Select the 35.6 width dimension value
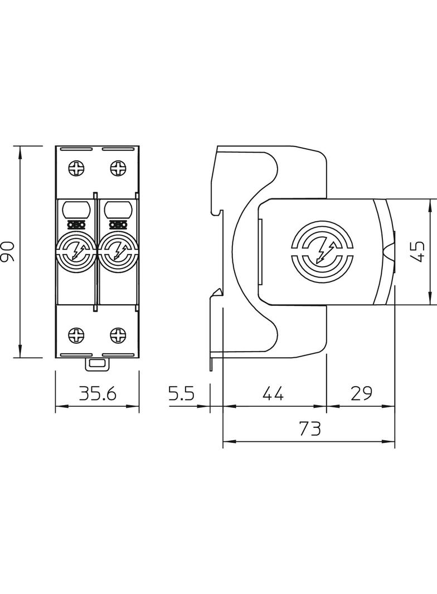pos(97,395)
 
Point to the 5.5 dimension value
pos(181,395)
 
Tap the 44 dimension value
pos(273,395)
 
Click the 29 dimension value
pos(361,395)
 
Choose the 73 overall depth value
pos(309,429)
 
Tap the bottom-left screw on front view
pos(76,335)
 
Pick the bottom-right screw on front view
pos(118,335)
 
